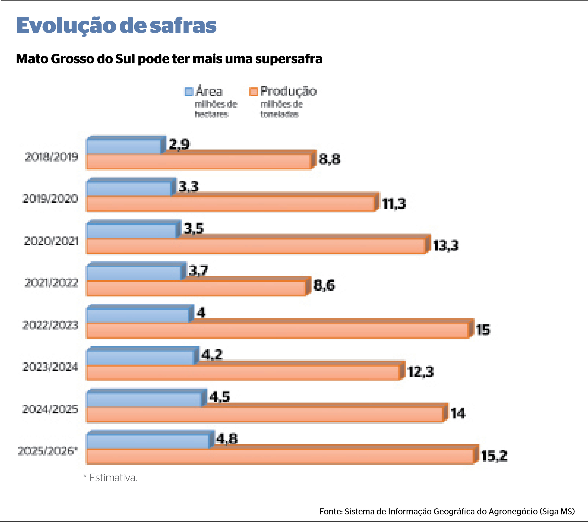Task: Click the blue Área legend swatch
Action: pos(189,91)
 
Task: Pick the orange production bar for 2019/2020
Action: pos(230,204)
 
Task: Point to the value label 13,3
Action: pos(446,245)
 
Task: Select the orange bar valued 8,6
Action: pos(196,288)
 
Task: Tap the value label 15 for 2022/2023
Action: pos(483,330)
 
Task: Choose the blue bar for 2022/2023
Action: pos(138,315)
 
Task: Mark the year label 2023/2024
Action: pos(50,367)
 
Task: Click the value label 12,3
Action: pos(421,372)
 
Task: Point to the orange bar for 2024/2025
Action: pos(265,414)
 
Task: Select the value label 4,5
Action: pos(219,397)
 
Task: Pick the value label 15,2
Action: pos(494,456)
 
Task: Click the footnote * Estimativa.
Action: pos(110,478)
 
